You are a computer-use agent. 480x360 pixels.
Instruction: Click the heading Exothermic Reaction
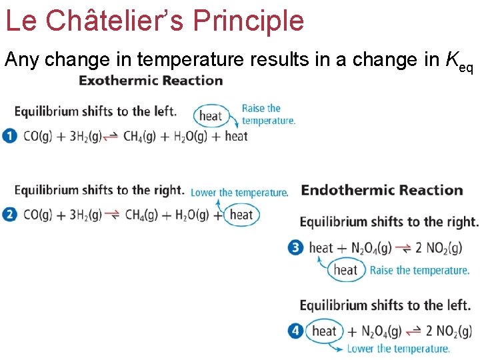click(151, 81)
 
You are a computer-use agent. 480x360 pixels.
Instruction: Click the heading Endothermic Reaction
click(382, 191)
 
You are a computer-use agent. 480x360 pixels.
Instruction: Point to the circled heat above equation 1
click(210, 115)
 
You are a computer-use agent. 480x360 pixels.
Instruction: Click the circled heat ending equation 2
click(241, 215)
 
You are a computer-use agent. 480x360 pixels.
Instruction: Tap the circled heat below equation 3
click(345, 270)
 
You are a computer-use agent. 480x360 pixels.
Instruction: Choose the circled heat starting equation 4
click(325, 331)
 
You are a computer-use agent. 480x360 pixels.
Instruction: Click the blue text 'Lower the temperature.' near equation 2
click(239, 193)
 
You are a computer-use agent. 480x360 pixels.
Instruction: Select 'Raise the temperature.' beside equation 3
click(419, 270)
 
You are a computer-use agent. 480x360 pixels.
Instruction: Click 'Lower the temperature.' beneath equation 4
click(399, 349)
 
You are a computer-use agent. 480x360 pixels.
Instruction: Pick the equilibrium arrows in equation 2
click(113, 215)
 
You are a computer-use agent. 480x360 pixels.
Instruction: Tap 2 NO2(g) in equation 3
click(438, 249)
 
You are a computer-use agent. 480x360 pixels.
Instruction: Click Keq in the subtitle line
click(459, 62)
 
